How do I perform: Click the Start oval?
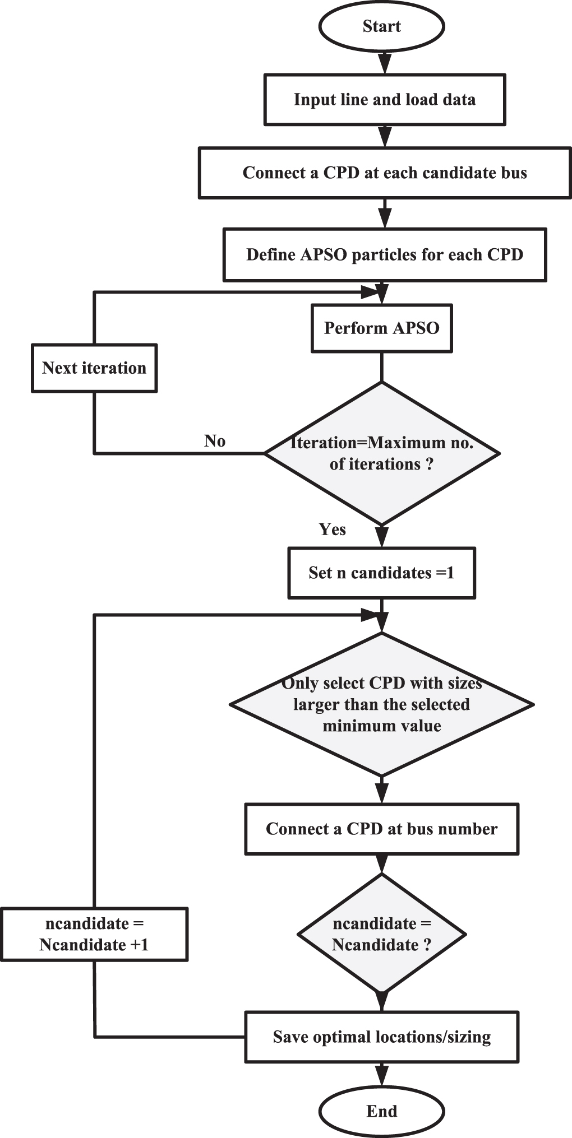[381, 26]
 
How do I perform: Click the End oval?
[381, 1111]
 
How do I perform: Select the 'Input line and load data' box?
[385, 100]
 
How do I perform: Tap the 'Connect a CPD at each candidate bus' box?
[385, 173]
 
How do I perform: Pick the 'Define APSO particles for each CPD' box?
[385, 254]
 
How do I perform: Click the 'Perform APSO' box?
[381, 328]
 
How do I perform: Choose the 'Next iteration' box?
[94, 368]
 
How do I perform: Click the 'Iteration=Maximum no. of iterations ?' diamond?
[381, 453]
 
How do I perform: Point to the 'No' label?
[215, 441]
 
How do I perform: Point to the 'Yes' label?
[332, 529]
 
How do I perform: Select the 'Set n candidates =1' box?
[381, 573]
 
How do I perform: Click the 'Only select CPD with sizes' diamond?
[381, 704]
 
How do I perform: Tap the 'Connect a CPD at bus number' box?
[381, 829]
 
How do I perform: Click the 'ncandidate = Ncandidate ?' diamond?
[381, 934]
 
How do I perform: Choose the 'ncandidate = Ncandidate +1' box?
[94, 934]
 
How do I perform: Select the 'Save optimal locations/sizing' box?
[381, 1037]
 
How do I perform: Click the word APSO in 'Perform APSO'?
[416, 328]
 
